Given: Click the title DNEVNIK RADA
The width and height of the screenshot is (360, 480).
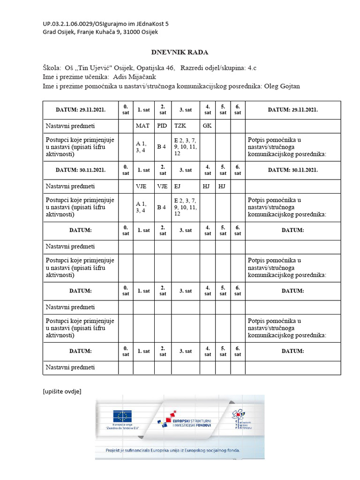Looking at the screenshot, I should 180,52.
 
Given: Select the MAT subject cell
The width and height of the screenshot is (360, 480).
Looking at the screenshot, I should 142,126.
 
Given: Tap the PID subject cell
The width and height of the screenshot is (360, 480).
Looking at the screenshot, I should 162,126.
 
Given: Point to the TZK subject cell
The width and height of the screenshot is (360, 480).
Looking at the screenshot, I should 180,126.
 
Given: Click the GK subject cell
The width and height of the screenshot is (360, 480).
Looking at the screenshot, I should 207,126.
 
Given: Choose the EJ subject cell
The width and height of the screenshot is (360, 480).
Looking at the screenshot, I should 178,186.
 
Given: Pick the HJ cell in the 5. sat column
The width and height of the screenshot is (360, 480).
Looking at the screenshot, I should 222,186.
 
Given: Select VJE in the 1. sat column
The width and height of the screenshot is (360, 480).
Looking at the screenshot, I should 142,186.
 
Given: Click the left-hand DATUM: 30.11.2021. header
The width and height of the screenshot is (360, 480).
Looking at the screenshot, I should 80,170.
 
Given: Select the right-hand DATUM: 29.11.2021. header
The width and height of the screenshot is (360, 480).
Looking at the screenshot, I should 293,110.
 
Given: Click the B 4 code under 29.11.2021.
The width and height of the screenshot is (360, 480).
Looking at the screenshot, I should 162,147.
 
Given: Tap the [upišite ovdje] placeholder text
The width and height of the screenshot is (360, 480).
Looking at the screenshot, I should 62,391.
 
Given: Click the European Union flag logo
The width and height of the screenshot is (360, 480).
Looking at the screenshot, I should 122,416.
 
